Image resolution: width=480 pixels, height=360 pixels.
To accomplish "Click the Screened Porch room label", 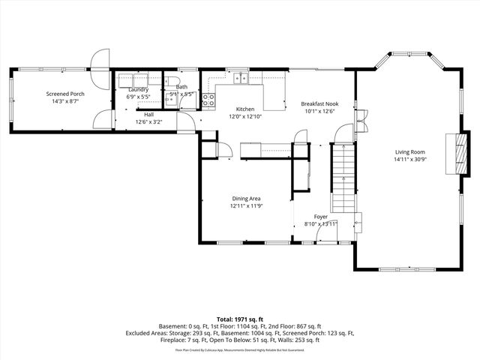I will [x=65, y=94].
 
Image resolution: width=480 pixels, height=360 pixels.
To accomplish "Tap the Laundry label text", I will [x=138, y=89].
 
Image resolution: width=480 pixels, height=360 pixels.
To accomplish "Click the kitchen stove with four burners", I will [x=208, y=100].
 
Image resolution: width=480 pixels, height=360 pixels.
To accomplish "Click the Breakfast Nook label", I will [x=319, y=103].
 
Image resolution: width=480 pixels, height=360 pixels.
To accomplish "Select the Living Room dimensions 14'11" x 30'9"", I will [x=409, y=160].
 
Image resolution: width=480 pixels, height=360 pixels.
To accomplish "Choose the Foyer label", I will [x=321, y=216].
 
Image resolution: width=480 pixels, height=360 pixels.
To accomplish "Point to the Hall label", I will [x=148, y=115].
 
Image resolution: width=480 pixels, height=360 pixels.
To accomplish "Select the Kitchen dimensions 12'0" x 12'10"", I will [x=245, y=116].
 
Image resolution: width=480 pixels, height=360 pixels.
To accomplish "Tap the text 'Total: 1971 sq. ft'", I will [x=240, y=319].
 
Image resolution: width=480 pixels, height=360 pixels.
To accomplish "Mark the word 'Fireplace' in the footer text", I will [x=173, y=339].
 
